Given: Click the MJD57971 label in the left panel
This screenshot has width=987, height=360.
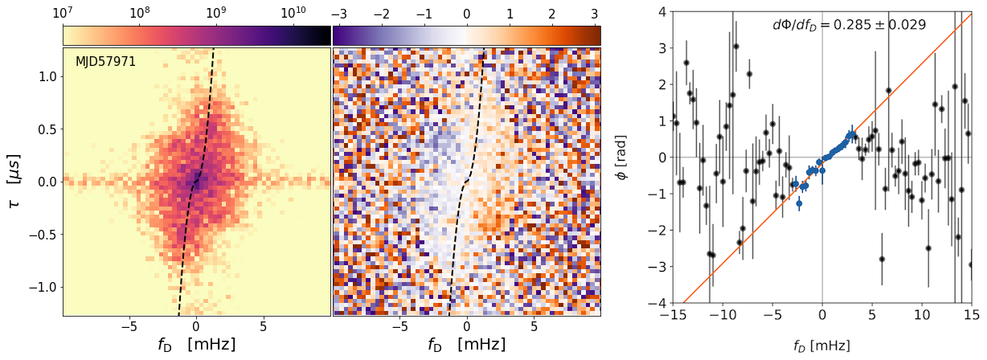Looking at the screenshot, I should (105, 61).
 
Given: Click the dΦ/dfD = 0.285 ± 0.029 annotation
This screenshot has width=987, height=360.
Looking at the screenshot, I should (849, 25).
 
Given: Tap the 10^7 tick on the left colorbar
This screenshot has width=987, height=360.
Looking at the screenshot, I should (63, 13).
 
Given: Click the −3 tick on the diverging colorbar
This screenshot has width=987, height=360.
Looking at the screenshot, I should (338, 13).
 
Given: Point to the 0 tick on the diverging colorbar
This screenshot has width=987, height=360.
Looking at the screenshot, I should (466, 13).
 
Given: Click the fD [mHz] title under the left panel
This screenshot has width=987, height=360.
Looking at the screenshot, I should (197, 345).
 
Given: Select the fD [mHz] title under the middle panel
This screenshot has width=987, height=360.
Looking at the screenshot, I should (467, 345).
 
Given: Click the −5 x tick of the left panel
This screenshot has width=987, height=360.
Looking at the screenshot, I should (128, 327).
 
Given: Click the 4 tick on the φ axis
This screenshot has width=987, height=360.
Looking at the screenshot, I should (659, 11).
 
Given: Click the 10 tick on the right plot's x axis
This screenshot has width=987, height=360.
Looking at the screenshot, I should (922, 313).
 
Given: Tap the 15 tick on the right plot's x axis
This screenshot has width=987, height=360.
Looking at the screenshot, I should (972, 313).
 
